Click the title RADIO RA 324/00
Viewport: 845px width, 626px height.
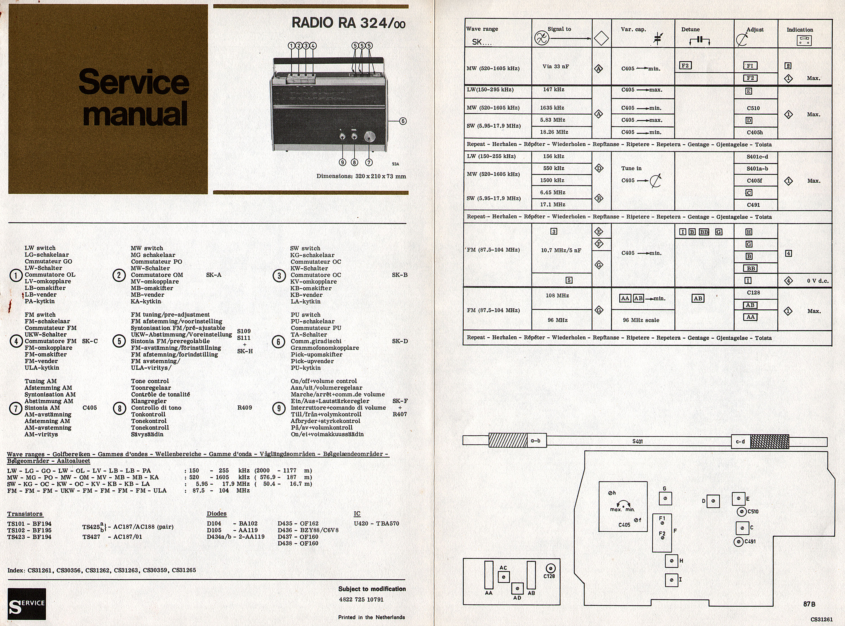(348, 23)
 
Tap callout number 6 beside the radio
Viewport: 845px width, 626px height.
(403, 121)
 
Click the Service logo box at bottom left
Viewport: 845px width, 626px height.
(26, 604)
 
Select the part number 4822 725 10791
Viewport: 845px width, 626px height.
(361, 600)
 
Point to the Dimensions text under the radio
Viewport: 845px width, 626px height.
(361, 176)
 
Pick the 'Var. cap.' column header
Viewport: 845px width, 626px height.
(633, 30)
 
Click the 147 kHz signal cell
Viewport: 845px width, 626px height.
(553, 90)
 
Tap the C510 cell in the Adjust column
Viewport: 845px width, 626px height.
(753, 108)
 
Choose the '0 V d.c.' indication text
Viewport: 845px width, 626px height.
(817, 281)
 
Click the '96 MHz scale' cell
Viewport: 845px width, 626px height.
(641, 320)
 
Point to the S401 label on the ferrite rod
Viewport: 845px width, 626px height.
(637, 441)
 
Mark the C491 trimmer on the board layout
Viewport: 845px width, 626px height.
(739, 542)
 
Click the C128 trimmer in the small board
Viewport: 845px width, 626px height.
(550, 568)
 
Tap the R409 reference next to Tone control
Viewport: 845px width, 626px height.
(244, 408)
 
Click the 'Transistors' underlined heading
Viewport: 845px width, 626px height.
(25, 514)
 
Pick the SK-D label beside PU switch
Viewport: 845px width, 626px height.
(400, 341)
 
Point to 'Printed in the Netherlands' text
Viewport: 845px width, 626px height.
(371, 617)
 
